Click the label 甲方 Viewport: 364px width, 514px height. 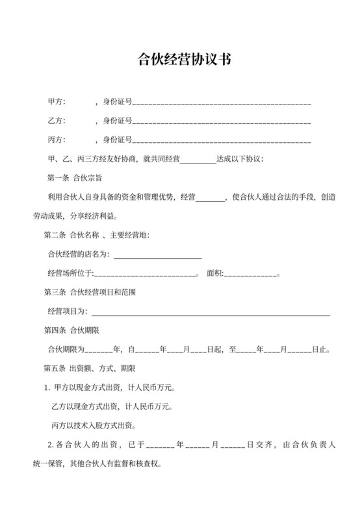(x=57, y=102)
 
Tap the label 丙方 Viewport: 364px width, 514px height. (x=57, y=140)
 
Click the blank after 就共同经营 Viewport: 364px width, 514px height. (x=198, y=160)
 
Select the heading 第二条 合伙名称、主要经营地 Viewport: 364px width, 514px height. (x=96, y=234)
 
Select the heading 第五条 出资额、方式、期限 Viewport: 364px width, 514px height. (x=89, y=369)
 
